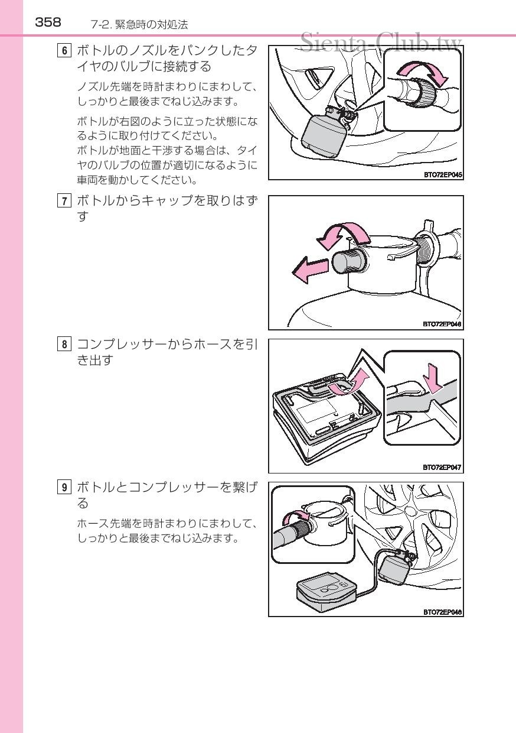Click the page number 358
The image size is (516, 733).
click(48, 22)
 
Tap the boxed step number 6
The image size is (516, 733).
click(64, 51)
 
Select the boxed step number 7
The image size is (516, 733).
click(64, 200)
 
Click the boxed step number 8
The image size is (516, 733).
click(64, 344)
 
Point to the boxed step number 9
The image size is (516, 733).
click(64, 488)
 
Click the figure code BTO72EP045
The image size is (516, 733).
click(443, 175)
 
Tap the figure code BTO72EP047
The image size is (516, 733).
click(442, 467)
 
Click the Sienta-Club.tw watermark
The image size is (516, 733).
click(381, 41)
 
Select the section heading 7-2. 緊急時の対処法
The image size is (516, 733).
click(139, 25)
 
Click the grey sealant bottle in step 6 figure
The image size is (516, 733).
click(322, 132)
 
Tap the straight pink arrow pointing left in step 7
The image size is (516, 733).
click(311, 270)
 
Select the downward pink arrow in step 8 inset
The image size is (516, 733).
click(432, 378)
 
